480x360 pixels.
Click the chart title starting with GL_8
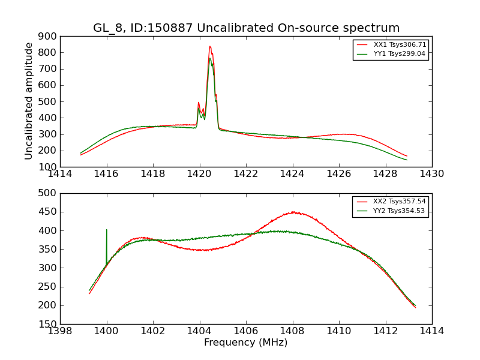[246, 28]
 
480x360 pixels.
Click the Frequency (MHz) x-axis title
[246, 343]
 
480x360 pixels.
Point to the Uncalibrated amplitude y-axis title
[29, 101]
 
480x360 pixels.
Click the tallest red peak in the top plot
[209, 46]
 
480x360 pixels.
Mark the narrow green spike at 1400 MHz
[107, 230]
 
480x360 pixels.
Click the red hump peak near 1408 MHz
[293, 212]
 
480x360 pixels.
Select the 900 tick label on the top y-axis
[48, 36]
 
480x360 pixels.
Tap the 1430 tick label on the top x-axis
[432, 174]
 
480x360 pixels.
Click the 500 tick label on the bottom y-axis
[48, 193]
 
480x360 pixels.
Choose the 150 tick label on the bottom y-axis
[48, 324]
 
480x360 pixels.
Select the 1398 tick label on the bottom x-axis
[60, 331]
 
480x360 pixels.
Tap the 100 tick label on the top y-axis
[48, 167]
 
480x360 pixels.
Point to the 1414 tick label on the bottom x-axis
[432, 331]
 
